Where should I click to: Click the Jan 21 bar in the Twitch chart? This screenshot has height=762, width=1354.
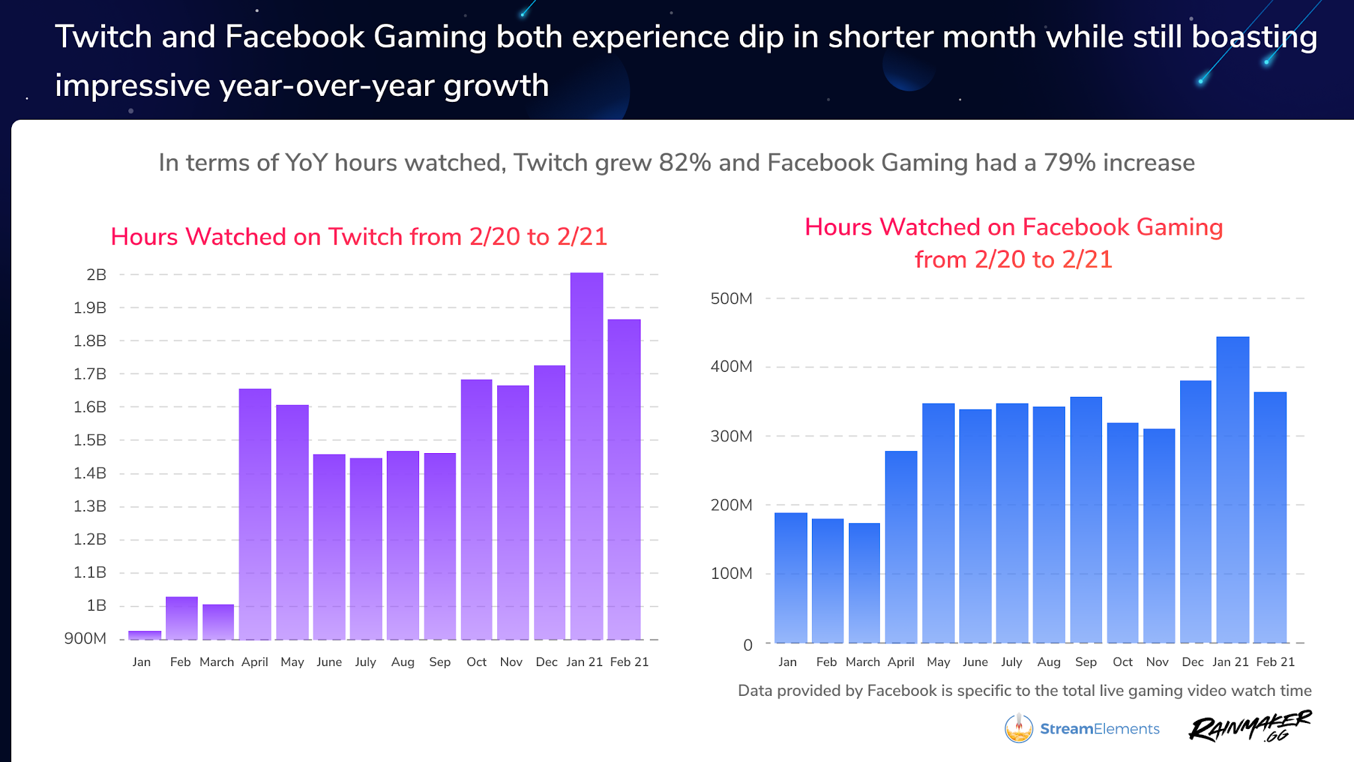click(586, 456)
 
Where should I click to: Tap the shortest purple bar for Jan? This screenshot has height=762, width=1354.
click(144, 635)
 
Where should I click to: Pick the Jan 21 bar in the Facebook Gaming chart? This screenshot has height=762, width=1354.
click(1232, 489)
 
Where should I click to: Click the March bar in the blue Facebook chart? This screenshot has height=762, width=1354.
click(864, 583)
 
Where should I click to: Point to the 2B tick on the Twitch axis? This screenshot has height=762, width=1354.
click(96, 275)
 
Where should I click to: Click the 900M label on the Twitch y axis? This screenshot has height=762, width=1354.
click(85, 639)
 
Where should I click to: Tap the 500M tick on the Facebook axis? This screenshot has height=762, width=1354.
click(731, 299)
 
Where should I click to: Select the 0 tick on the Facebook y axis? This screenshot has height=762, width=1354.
click(748, 645)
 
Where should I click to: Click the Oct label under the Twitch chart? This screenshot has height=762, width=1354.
click(476, 662)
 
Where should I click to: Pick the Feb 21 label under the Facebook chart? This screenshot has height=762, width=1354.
click(1275, 662)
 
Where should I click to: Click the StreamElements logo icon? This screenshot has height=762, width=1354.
click(1019, 728)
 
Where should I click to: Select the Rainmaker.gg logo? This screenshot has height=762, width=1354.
click(1250, 727)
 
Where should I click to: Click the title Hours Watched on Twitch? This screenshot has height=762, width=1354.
click(359, 237)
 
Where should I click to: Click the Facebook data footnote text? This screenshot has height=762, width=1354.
click(1024, 691)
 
